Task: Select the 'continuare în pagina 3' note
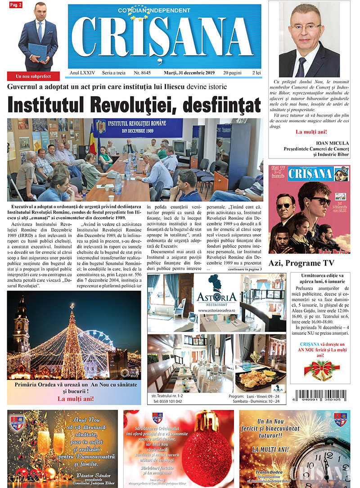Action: click(245, 269)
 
